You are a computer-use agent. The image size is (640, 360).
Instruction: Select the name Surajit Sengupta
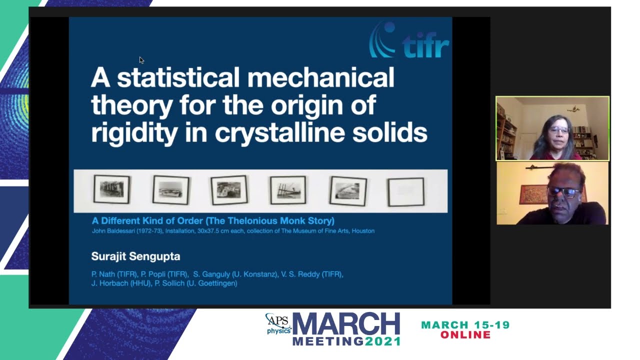135,256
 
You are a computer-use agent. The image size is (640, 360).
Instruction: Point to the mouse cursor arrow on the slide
141,60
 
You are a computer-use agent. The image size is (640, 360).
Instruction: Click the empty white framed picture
405,191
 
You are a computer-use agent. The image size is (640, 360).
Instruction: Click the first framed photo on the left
111,189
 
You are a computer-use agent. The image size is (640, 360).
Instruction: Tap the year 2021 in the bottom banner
383,341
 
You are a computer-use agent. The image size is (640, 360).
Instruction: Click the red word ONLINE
465,335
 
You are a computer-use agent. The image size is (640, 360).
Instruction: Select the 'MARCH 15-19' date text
465,325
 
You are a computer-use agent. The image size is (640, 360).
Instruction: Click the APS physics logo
278,324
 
